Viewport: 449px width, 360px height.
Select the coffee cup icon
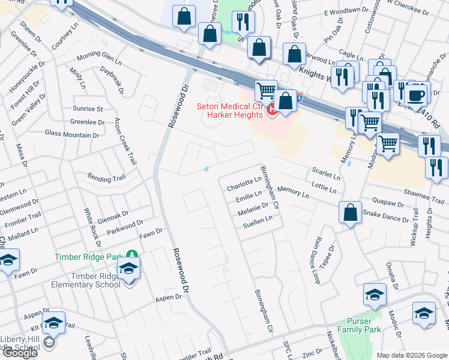click(x=416, y=94)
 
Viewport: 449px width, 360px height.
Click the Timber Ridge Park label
click(x=88, y=257)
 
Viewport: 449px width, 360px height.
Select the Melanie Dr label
click(x=252, y=209)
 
